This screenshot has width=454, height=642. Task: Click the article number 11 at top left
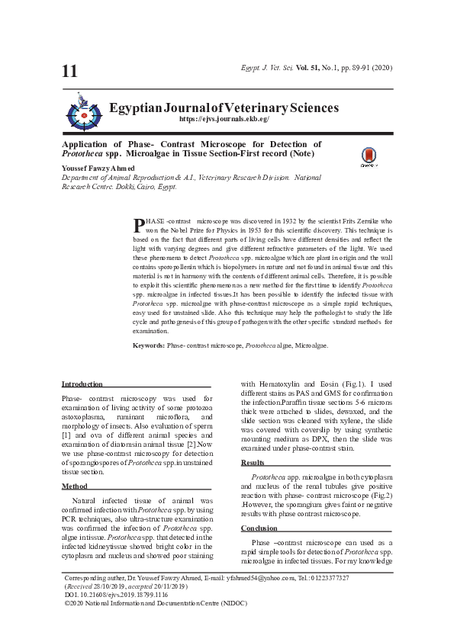69,72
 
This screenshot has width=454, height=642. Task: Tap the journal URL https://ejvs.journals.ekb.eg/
224,120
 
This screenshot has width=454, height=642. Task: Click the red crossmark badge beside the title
369,156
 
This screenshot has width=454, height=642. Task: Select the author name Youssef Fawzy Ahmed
98,168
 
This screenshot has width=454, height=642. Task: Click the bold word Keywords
149,345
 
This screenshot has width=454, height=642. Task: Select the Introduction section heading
82,384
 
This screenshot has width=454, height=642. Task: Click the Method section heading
74,486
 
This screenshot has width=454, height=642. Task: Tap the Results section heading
253,463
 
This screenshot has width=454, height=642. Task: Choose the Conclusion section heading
259,528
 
